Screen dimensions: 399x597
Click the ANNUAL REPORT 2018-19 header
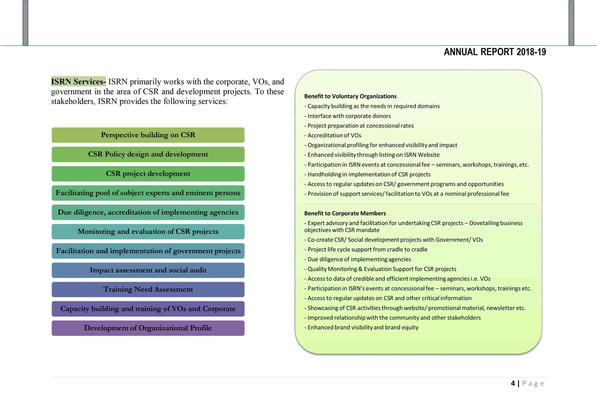pyautogui.click(x=495, y=52)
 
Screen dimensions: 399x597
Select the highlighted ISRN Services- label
pyautogui.click(x=78, y=81)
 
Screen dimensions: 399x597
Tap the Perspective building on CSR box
pyautogui.click(x=148, y=135)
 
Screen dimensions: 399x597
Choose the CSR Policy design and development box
pyautogui.click(x=148, y=154)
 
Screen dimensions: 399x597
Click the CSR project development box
pyautogui.click(x=148, y=173)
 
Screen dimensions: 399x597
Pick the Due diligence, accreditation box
pyautogui.click(x=148, y=212)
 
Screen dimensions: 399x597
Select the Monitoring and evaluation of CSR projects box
pyautogui.click(x=148, y=232)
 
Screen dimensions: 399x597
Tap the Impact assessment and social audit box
pyautogui.click(x=148, y=270)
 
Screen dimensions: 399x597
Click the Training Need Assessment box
pyautogui.click(x=148, y=289)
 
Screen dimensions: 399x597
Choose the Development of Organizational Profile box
pyautogui.click(x=148, y=328)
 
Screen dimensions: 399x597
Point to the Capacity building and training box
pyautogui.click(x=148, y=309)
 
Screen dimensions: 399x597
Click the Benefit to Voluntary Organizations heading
pyautogui.click(x=350, y=96)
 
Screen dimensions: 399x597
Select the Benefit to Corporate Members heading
pyautogui.click(x=345, y=213)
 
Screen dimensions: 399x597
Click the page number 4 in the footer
pyautogui.click(x=513, y=383)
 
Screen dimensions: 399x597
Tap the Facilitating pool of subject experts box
pyautogui.click(x=148, y=193)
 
